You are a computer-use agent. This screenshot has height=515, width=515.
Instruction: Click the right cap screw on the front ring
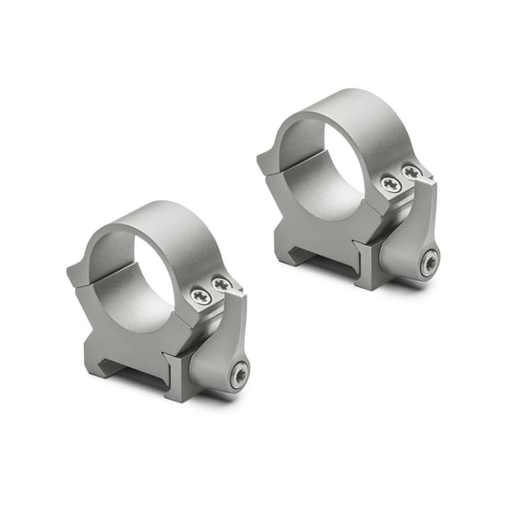point(220,283)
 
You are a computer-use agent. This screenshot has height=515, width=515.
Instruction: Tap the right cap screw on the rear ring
point(412,172)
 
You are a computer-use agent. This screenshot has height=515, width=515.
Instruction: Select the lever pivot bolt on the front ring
point(238,376)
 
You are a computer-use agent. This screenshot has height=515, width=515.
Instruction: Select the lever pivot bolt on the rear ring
point(431,263)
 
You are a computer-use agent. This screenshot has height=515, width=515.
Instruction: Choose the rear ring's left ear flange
point(266,162)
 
